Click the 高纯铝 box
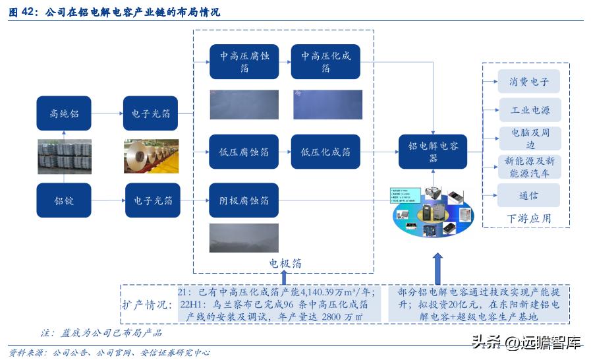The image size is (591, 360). click(x=64, y=113)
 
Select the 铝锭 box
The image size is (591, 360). click(x=64, y=200)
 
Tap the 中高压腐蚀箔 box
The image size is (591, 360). click(x=244, y=62)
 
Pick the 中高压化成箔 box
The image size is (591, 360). click(x=326, y=62)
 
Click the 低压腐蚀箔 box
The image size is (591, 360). click(x=244, y=152)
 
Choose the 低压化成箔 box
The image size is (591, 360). click(x=325, y=152)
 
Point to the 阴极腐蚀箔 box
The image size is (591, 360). click(x=244, y=200)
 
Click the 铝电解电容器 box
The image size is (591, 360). click(x=433, y=152)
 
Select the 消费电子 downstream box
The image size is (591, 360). click(x=529, y=82)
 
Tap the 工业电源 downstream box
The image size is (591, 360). click(x=529, y=110)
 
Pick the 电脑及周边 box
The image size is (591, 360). click(x=529, y=138)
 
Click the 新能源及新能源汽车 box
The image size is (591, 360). click(x=529, y=167)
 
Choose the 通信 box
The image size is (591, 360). click(x=529, y=195)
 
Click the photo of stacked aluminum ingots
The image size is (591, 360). click(x=64, y=157)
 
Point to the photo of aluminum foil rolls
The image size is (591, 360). click(x=151, y=156)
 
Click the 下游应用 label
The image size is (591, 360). click(x=528, y=218)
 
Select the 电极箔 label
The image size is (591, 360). click(x=285, y=263)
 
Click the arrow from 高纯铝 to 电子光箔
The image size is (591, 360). click(x=107, y=113)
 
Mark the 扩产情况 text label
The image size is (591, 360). click(x=146, y=305)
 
